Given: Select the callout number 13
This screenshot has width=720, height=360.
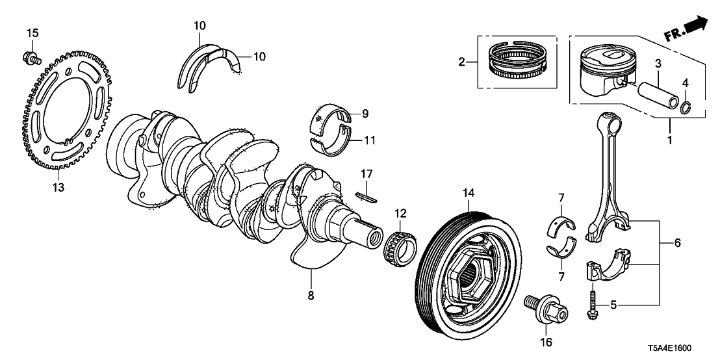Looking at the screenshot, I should click(x=59, y=187).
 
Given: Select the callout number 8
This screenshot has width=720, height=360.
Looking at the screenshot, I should click(x=311, y=296).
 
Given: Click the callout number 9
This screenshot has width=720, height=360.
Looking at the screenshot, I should click(x=365, y=114).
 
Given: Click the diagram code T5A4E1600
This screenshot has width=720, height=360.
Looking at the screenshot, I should click(x=680, y=347).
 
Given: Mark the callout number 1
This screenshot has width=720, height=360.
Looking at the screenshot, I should click(x=669, y=139).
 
